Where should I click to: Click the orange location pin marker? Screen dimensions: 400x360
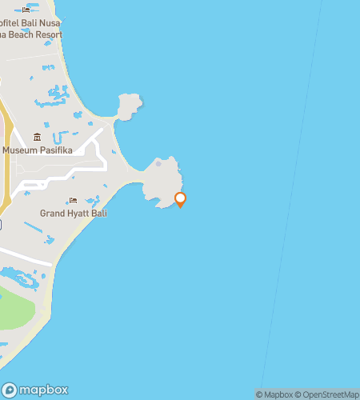pyautogui.click(x=180, y=199)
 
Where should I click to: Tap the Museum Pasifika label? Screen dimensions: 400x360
pyautogui.click(x=37, y=150)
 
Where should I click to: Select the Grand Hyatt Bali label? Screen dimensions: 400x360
pyautogui.click(x=74, y=214)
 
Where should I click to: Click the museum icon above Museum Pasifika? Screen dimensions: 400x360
pyautogui.click(x=37, y=138)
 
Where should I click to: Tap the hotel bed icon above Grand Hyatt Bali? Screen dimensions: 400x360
pyautogui.click(x=73, y=201)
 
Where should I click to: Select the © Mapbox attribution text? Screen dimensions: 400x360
pyautogui.click(x=274, y=394)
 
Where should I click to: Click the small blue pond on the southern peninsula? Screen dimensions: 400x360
pyautogui.click(x=158, y=164)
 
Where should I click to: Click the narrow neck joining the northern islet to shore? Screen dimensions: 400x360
pyautogui.click(x=117, y=119)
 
